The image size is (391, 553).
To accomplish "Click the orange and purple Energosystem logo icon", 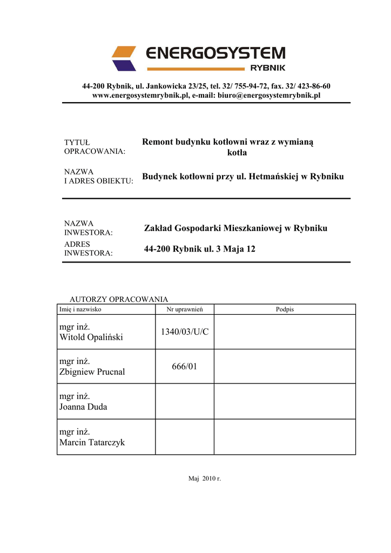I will [124, 58].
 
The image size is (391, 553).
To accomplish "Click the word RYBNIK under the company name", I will [268, 68].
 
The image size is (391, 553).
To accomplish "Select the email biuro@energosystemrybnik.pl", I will [269, 95].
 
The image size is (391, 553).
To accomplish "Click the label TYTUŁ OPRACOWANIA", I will [95, 147].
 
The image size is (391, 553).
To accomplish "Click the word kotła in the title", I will [237, 153].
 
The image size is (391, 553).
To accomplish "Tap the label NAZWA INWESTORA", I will [89, 228].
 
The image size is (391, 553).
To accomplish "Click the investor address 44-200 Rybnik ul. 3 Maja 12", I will [200, 249].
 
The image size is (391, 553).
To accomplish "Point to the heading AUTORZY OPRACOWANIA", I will [119, 299].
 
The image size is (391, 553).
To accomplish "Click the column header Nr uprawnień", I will [185, 309].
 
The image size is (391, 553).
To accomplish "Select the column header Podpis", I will [285, 309].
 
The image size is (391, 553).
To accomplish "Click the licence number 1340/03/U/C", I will [185, 332].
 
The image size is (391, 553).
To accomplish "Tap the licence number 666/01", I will [185, 367].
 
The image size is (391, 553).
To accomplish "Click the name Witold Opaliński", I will [91, 337].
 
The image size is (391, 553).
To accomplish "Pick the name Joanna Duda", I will [83, 407].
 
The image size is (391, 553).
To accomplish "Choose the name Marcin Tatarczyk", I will [92, 442].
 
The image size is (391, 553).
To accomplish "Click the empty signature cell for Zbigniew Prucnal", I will [285, 367].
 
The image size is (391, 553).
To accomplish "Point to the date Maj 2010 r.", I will [205, 479].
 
